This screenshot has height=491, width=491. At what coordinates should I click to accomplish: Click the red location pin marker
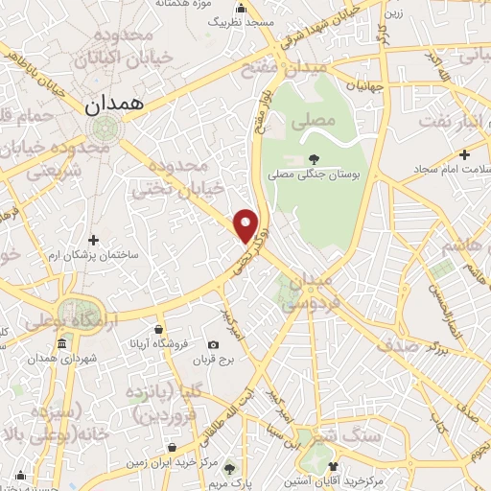point(246,224)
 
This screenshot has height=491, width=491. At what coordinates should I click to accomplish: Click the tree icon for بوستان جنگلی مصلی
point(314,159)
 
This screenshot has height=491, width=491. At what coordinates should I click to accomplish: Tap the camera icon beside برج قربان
point(213,344)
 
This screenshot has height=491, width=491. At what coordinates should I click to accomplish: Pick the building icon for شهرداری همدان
point(62,344)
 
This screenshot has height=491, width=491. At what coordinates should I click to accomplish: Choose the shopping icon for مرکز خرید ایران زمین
point(171,447)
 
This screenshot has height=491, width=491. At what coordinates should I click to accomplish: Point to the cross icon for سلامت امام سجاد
point(464,153)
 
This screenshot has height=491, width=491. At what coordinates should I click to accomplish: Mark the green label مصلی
point(318,121)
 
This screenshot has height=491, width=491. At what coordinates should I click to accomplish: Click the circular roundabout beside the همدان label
point(99,129)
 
